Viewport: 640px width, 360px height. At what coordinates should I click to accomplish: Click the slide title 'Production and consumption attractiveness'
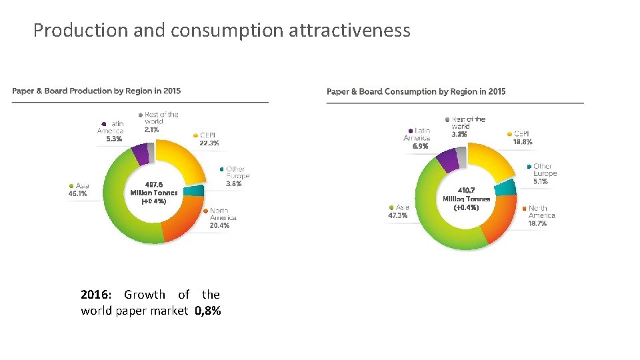click(x=221, y=31)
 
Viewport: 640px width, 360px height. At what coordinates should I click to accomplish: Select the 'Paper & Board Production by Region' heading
click(x=96, y=91)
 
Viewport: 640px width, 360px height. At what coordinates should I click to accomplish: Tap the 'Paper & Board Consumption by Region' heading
click(x=416, y=91)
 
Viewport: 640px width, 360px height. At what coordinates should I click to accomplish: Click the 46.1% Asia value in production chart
click(x=77, y=194)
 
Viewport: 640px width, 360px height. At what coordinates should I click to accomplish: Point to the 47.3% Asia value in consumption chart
click(x=398, y=215)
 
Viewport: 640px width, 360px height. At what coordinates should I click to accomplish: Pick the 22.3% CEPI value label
click(x=209, y=143)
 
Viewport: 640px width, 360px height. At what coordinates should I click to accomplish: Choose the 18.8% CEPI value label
click(x=523, y=142)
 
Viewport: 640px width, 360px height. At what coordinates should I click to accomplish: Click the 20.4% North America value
click(x=219, y=225)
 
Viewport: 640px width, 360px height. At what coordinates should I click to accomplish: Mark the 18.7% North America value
click(x=537, y=224)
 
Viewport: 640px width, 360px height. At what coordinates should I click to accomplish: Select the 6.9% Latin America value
click(x=419, y=146)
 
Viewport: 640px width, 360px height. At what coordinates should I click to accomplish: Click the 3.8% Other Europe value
click(x=233, y=183)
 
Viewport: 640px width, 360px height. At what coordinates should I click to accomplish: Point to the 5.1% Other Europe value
click(x=541, y=181)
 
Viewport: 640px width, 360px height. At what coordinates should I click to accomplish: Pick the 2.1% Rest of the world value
click(x=151, y=130)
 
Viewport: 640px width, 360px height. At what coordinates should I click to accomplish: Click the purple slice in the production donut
click(x=141, y=154)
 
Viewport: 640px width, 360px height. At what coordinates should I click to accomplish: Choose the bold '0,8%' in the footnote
click(x=208, y=311)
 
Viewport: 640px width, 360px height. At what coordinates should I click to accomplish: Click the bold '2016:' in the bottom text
click(x=97, y=295)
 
